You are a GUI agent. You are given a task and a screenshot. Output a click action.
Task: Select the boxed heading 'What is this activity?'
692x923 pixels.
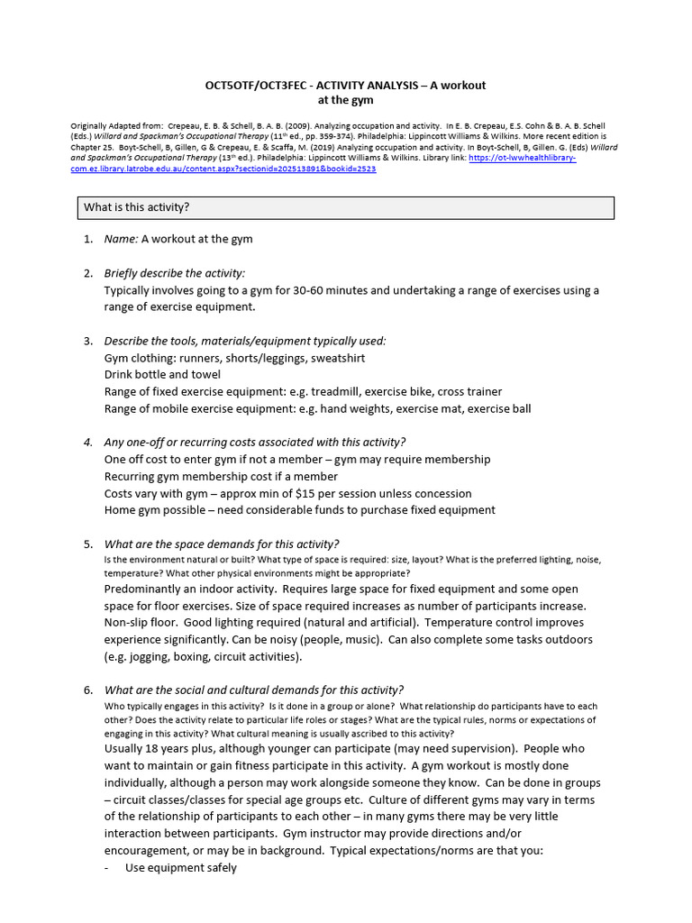click(137, 207)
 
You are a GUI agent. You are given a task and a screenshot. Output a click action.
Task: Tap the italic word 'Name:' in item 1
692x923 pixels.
click(121, 239)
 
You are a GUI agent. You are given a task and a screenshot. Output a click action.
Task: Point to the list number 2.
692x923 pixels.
click(87, 273)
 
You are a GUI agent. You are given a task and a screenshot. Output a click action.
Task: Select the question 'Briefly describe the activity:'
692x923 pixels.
click(175, 273)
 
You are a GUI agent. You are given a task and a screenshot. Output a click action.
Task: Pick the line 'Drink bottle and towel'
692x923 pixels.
click(162, 374)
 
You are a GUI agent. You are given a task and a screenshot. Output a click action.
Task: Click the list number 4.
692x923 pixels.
click(87, 442)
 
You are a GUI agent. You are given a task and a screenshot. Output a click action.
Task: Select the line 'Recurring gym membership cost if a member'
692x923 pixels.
click(222, 476)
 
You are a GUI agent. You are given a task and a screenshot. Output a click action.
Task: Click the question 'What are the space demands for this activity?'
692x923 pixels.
click(222, 544)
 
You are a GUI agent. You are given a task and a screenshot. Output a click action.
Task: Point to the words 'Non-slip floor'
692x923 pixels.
click(143, 623)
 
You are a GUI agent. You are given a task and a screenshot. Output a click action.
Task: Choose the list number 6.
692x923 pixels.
click(87, 690)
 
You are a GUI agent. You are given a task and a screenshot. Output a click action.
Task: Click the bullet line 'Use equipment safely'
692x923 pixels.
click(180, 868)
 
